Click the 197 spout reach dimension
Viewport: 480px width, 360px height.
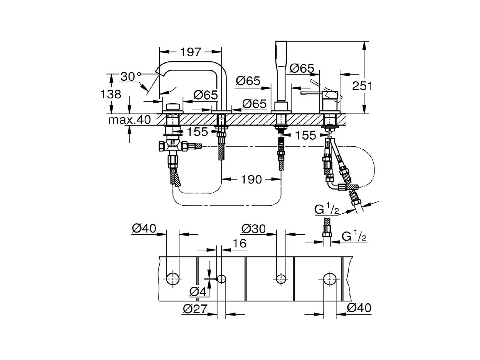pyautogui.click(x=191, y=52)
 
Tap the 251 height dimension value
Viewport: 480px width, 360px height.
pyautogui.click(x=362, y=86)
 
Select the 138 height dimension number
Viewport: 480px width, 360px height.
pyautogui.click(x=111, y=94)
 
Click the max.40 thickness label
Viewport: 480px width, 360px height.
pyautogui.click(x=129, y=120)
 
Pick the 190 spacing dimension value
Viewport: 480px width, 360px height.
pyautogui.click(x=251, y=179)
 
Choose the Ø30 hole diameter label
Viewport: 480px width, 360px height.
pyautogui.click(x=253, y=229)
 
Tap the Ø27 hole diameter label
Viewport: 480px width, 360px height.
pyautogui.click(x=195, y=309)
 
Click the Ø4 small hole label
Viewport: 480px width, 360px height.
pyautogui.click(x=198, y=291)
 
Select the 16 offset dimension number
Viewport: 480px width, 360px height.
pyautogui.click(x=240, y=244)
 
